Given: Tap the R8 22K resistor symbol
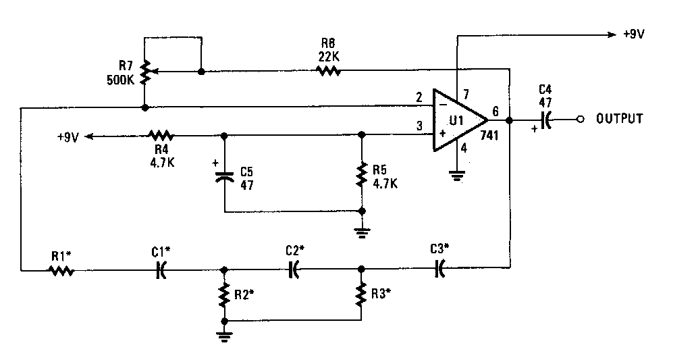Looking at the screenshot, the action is click(x=329, y=70).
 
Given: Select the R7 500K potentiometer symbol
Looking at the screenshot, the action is click(x=146, y=72).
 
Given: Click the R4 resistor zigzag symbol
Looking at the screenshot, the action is click(x=161, y=135).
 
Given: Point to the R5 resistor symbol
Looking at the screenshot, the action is click(x=363, y=174).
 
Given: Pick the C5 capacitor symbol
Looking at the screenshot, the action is click(x=225, y=176).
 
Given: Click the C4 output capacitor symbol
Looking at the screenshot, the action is click(x=545, y=120).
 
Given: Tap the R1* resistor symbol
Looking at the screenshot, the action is click(x=61, y=270).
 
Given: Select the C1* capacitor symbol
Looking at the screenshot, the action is click(x=161, y=269).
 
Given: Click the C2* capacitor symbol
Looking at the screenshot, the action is click(x=294, y=269).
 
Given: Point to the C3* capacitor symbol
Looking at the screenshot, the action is click(x=439, y=268).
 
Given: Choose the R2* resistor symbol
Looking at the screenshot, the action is click(x=224, y=294).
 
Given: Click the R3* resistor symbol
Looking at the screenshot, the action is click(x=361, y=293).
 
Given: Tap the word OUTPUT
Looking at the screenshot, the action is click(x=619, y=119).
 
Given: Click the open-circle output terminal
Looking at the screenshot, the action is click(x=580, y=120).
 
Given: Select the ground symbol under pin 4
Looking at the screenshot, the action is click(x=457, y=177).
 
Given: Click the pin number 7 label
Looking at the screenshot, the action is click(x=466, y=95).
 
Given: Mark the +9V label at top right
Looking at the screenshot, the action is click(x=634, y=34).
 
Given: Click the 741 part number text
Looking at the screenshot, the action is click(x=489, y=135).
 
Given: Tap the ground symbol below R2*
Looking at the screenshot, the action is click(x=224, y=336).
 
